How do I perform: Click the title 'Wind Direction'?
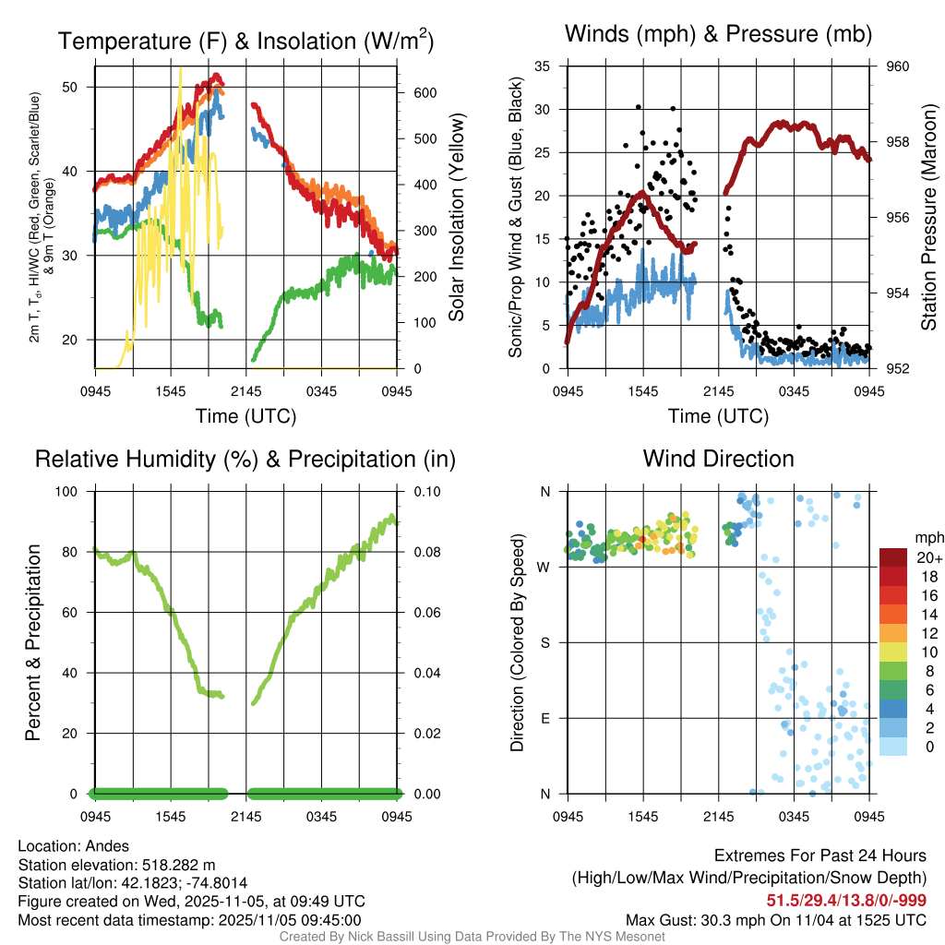[718, 459]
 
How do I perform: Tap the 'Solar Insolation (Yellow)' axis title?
[456, 218]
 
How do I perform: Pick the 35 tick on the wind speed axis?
[543, 66]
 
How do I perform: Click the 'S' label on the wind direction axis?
[544, 642]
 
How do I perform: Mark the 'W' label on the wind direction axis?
[544, 567]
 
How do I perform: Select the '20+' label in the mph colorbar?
[927, 557]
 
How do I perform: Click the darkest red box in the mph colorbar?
[892, 557]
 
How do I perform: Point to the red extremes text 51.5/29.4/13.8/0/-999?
[846, 900]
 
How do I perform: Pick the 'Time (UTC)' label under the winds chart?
[718, 416]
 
